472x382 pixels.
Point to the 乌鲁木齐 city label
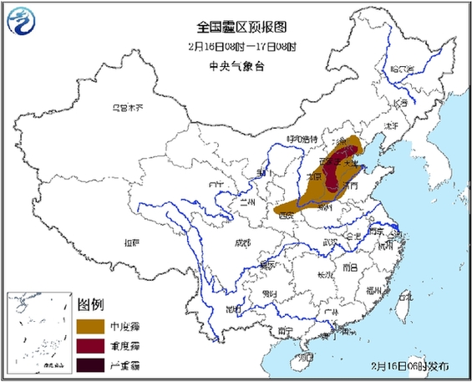point(129,108)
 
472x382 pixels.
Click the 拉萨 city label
point(129,243)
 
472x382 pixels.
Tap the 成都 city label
point(241,242)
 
